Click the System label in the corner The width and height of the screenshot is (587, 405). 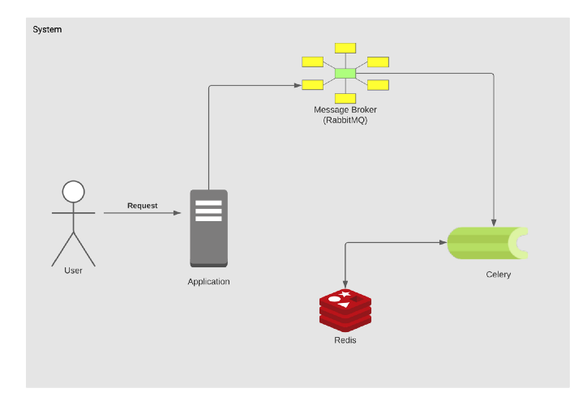(47, 30)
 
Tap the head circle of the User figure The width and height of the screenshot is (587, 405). (74, 191)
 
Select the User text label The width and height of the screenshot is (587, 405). (73, 271)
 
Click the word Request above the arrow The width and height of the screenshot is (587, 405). (142, 206)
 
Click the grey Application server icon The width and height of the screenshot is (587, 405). (208, 228)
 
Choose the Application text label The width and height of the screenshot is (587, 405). (208, 282)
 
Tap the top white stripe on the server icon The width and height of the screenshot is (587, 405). (208, 202)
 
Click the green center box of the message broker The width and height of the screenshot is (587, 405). (345, 75)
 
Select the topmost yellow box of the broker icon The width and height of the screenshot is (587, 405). (345, 47)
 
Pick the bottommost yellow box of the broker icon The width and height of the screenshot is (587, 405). (345, 97)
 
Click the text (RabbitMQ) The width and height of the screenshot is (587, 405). (345, 120)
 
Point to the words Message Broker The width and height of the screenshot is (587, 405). (345, 109)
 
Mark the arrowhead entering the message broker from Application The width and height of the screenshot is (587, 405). (296, 84)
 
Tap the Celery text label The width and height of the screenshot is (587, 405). (499, 275)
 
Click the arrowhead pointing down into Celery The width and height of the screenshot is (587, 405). (493, 222)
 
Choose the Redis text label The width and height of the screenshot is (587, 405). (345, 340)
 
